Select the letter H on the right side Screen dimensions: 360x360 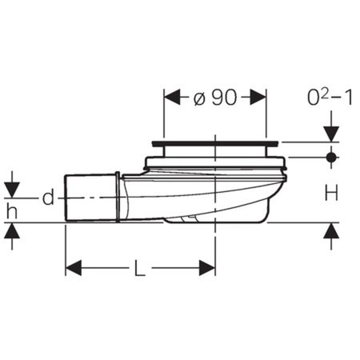coord(330,191)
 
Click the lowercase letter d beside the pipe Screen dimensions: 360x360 coord(47,198)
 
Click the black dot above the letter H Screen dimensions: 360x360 coord(330,158)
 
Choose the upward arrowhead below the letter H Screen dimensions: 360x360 coord(330,232)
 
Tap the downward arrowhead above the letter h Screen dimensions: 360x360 coord(11,191)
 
